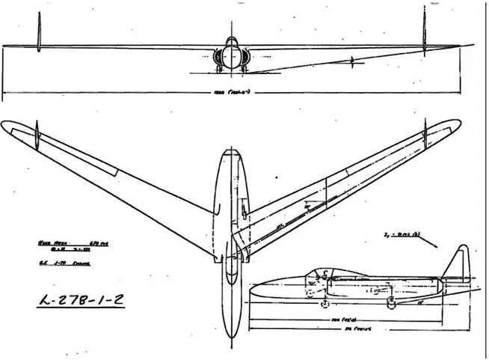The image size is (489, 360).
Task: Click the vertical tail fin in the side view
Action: [x=456, y=263]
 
